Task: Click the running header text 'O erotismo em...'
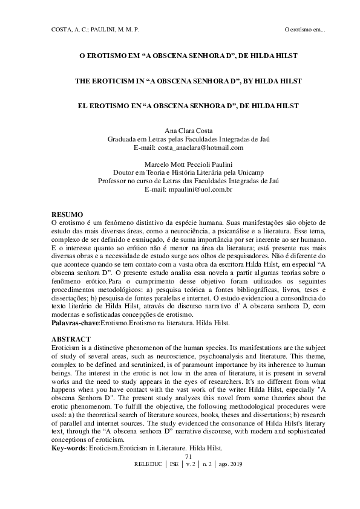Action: pyautogui.click(x=306, y=30)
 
